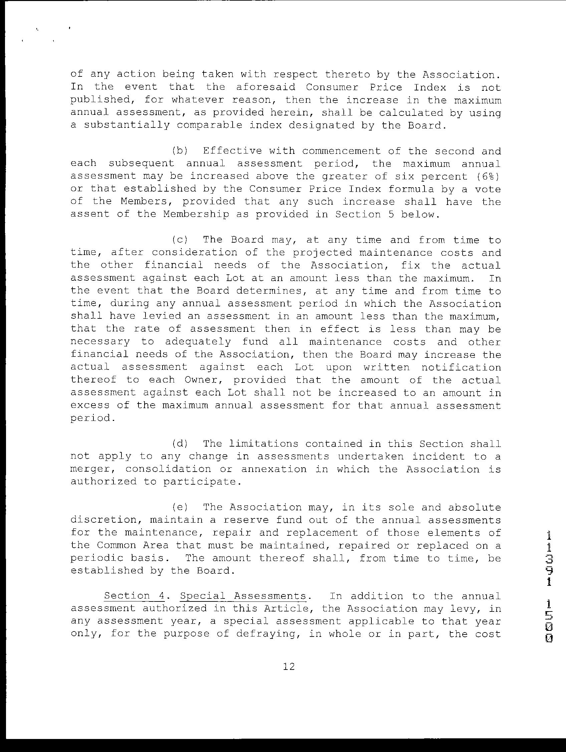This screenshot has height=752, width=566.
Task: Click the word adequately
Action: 197,342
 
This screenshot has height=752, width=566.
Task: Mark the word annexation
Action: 274,469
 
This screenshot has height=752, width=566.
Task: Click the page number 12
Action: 289,667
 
